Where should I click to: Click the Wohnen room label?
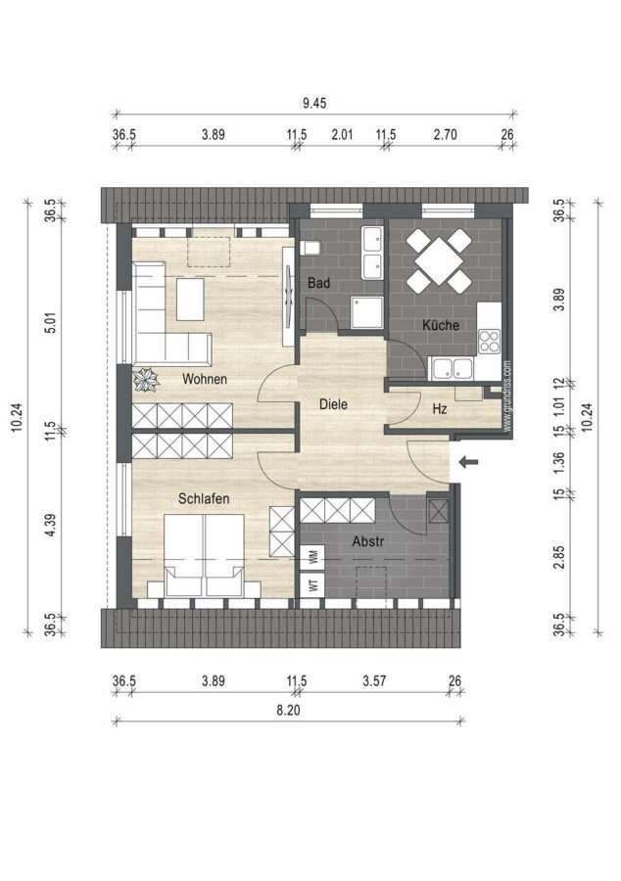205,379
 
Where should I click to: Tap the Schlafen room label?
204,498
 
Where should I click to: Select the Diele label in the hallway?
333,404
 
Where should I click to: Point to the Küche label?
441,325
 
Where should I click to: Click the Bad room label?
318,283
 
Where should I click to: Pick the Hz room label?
440,409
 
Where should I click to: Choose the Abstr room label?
368,541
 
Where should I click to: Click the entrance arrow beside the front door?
469,462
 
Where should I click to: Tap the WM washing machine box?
312,557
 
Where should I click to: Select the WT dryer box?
312,584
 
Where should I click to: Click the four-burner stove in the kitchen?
489,341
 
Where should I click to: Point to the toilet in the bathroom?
310,248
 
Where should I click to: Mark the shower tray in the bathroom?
367,312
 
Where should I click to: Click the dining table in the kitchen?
440,260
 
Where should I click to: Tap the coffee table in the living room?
190,300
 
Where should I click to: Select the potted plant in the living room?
146,379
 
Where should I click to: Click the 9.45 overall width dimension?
314,103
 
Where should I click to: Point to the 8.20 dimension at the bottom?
288,711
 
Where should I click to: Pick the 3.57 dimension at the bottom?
374,681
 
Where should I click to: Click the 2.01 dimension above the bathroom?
342,134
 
